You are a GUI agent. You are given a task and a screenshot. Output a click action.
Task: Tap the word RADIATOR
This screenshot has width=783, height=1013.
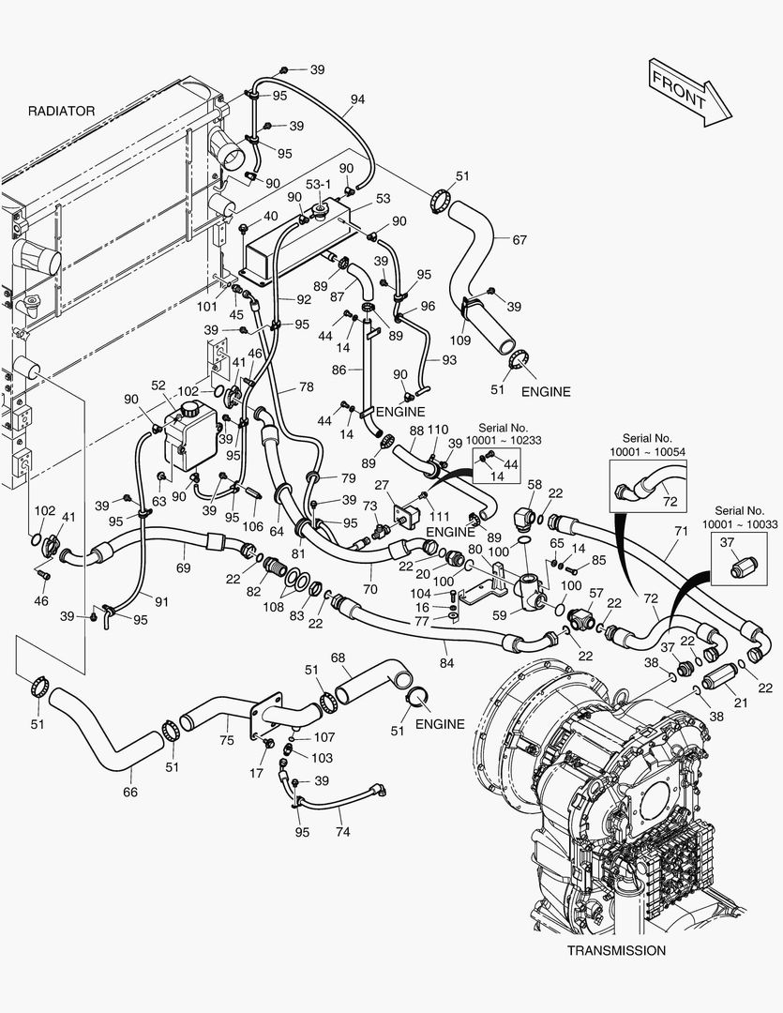point(61,111)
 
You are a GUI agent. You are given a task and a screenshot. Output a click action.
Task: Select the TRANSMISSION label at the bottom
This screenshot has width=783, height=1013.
point(616,950)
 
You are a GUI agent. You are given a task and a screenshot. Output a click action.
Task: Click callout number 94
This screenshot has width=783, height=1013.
point(357,99)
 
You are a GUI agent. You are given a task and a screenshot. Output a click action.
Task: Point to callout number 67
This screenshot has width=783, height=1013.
point(519,239)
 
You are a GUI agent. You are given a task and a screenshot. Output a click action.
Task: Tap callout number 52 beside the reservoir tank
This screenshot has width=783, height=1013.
point(158,386)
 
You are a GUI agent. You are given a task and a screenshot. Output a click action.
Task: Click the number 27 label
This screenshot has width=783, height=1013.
point(382,485)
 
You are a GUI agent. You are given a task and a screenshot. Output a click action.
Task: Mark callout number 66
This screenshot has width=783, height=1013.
point(130,793)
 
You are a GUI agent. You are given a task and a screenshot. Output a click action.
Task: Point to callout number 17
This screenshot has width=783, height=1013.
point(257,774)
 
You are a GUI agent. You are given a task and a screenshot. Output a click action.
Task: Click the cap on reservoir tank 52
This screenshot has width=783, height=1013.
point(190,410)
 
